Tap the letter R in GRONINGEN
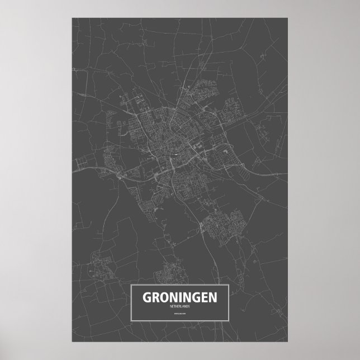(x=158, y=299)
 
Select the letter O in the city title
(x=167, y=299)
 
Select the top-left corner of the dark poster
(x=72, y=18)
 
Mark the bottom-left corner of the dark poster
(x=72, y=343)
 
